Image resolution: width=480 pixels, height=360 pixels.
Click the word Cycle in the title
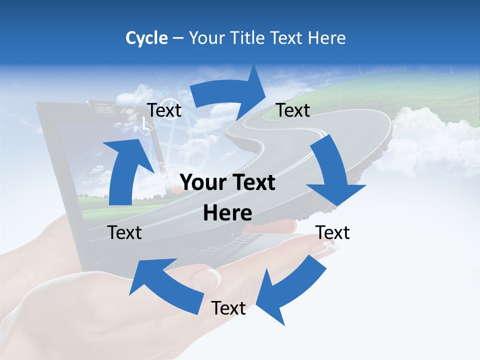(146, 38)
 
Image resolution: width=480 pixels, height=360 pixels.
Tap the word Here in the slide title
(326, 38)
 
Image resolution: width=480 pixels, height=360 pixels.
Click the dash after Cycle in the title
(178, 38)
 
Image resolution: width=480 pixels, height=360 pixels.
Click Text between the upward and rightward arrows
(164, 110)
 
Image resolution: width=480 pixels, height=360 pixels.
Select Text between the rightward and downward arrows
(293, 110)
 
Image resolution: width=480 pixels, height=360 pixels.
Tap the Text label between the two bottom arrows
(228, 308)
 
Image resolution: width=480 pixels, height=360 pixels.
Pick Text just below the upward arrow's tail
(125, 232)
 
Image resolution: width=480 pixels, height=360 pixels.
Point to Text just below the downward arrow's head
(332, 232)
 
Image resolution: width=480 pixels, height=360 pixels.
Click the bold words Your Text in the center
(227, 183)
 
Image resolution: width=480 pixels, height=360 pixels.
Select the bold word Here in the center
(227, 213)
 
